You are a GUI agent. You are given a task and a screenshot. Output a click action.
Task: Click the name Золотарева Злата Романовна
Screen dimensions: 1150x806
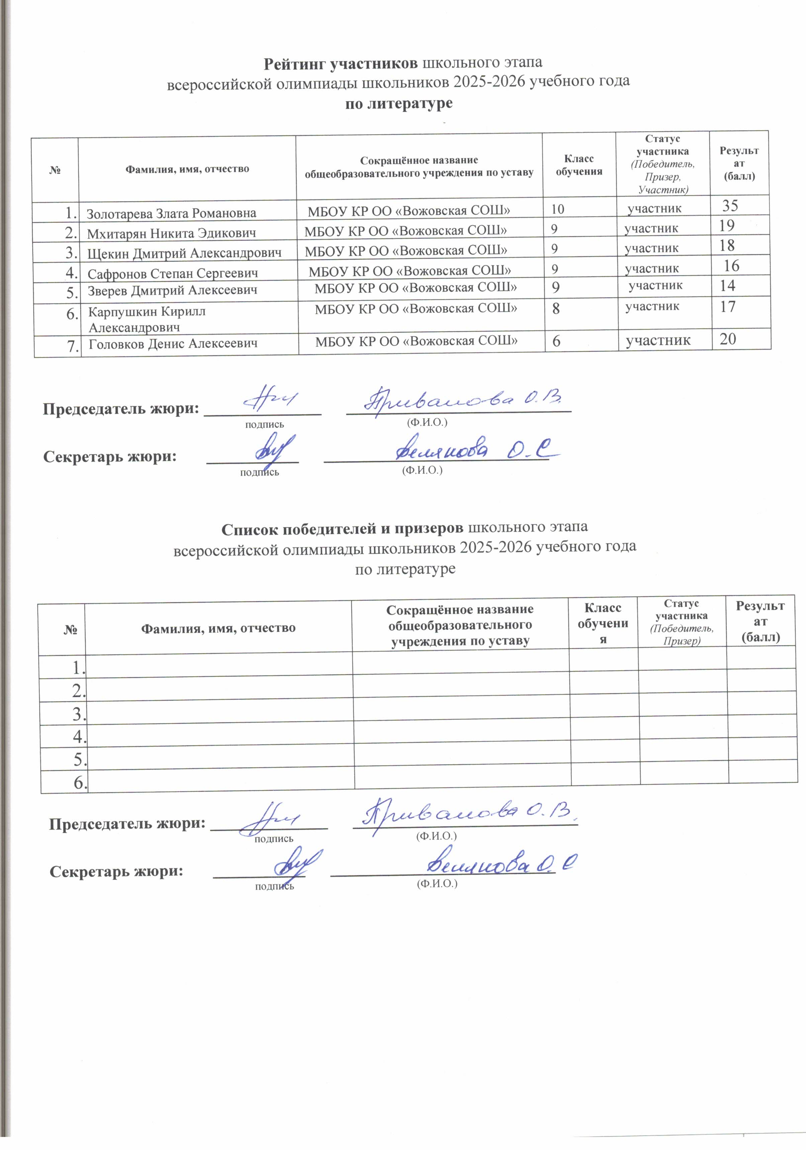171,213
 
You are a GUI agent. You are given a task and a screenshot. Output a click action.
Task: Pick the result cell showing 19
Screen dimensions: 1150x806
726,226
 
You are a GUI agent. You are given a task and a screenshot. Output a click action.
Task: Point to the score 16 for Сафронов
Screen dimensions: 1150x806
731,266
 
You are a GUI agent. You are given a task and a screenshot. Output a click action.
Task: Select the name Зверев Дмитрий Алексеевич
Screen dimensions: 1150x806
173,290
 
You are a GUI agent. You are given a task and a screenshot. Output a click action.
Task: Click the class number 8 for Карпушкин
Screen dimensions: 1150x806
556,309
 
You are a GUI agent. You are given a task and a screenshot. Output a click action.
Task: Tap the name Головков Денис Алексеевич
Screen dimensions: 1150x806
173,344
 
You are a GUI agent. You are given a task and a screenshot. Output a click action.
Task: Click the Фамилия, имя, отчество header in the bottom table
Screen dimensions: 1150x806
218,628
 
